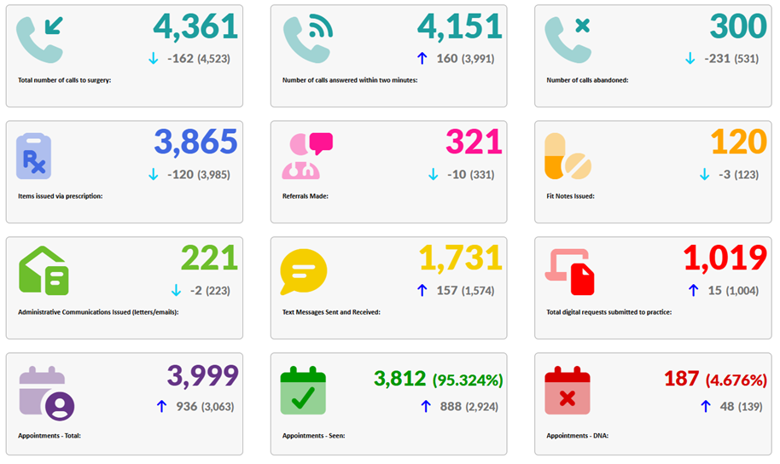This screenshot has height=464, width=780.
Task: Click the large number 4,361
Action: (x=195, y=26)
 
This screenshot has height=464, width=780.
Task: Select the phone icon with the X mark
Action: (x=568, y=39)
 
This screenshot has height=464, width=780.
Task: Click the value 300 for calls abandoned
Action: (x=738, y=26)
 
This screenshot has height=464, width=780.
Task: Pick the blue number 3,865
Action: (x=195, y=142)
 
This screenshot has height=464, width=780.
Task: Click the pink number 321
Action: (x=474, y=142)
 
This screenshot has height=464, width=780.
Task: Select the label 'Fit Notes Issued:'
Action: (x=570, y=196)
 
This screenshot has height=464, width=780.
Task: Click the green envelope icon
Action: (x=44, y=271)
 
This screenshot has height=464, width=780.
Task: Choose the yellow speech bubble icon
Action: (x=303, y=272)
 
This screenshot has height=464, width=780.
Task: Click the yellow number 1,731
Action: (x=460, y=258)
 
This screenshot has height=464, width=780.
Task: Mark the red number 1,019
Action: (x=725, y=258)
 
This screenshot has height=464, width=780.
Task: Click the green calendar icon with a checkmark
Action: (x=304, y=390)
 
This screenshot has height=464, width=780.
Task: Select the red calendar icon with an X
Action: (x=568, y=390)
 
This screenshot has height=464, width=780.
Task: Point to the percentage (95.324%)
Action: (x=468, y=379)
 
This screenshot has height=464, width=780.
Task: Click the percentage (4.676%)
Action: (x=736, y=379)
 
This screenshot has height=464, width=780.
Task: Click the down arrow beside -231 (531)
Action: (x=690, y=58)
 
